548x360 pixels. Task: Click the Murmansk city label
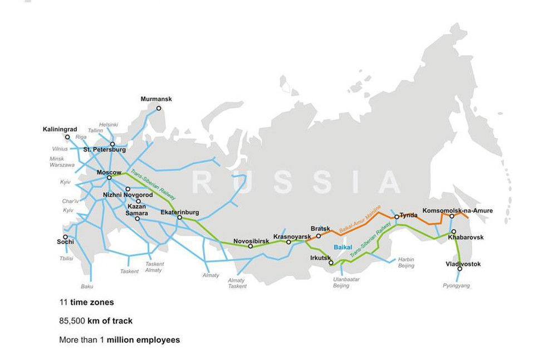point(156,99)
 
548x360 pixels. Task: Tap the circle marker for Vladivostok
point(459,269)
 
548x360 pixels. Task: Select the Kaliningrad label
point(60,129)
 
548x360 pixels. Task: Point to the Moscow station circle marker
point(109,178)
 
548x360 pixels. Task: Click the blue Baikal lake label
point(344,247)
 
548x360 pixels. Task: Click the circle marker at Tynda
point(397,217)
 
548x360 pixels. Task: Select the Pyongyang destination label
point(456,285)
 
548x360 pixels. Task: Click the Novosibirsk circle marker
point(250,246)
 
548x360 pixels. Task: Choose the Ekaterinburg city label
point(179,212)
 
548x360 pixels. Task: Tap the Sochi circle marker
point(65,237)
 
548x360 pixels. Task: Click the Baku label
point(87,286)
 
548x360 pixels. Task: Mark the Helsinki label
point(109,124)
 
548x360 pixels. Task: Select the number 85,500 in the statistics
point(72,321)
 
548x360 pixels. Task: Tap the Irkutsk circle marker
point(331,263)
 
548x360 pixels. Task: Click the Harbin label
point(405,259)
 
